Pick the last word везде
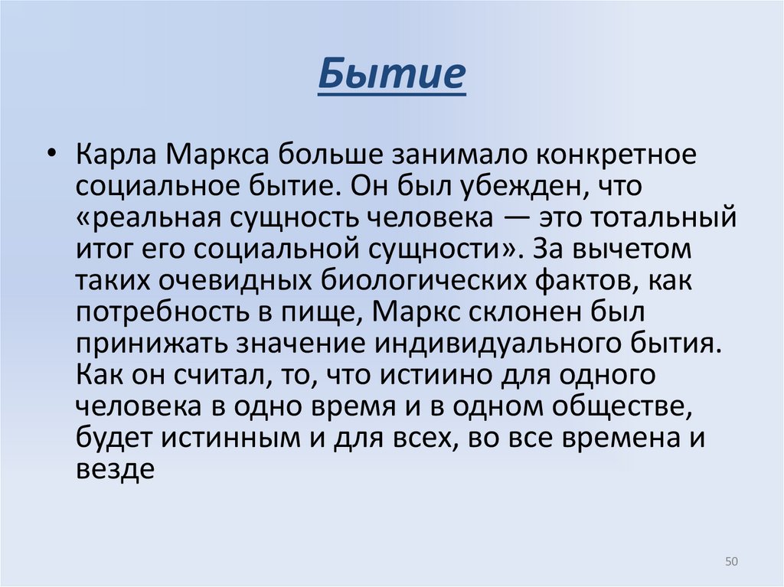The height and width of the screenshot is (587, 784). tap(116, 468)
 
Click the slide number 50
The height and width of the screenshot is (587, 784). tap(730, 563)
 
